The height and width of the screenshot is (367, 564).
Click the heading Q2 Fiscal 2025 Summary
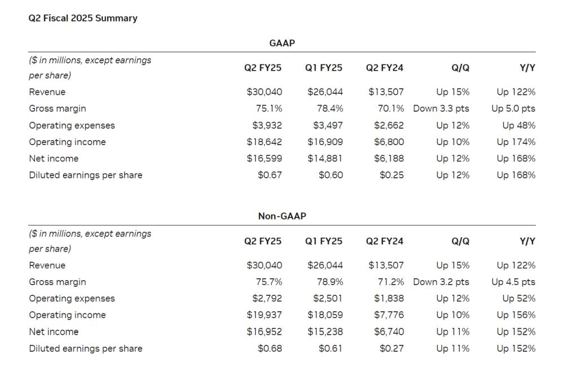click(x=83, y=18)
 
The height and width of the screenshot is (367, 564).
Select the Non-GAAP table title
click(x=282, y=216)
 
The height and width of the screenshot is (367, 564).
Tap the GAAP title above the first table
click(x=282, y=42)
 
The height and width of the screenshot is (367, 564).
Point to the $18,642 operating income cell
click(x=264, y=142)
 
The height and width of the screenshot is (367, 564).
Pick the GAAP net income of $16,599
click(x=264, y=159)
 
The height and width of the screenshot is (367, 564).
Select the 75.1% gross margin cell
click(x=269, y=108)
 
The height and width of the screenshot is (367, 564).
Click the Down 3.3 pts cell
click(x=441, y=108)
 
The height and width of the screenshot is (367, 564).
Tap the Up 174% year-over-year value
click(x=516, y=142)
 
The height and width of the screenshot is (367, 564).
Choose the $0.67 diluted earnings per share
click(x=270, y=175)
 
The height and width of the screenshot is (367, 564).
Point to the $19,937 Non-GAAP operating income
click(x=264, y=315)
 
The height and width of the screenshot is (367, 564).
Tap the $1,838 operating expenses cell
click(x=389, y=299)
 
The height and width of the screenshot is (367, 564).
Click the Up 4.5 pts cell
click(x=513, y=282)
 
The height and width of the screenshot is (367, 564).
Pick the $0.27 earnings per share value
click(x=391, y=348)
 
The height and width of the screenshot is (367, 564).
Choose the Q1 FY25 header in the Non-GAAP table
click(x=324, y=241)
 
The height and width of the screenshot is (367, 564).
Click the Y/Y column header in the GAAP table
click(x=527, y=68)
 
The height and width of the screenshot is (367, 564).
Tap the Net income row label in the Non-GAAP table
click(x=54, y=332)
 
